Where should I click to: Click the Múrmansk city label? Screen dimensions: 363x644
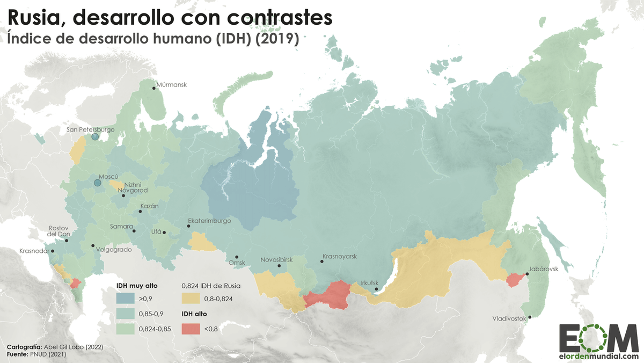coord(171,85)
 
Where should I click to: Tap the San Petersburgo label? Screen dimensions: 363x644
coord(91,129)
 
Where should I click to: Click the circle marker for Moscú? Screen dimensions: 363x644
coord(98,183)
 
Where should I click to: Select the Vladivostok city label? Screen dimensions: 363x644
coord(509,318)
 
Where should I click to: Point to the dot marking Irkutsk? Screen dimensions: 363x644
coord(376,289)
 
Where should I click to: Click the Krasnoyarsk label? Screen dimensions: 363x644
coord(340,256)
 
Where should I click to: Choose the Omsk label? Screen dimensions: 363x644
coord(237,263)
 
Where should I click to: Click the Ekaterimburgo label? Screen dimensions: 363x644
coord(209,221)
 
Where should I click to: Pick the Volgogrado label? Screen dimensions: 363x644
coord(114,249)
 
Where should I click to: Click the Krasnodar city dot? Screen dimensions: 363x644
coord(53,251)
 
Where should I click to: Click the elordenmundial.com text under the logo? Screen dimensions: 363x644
coord(599,356)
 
